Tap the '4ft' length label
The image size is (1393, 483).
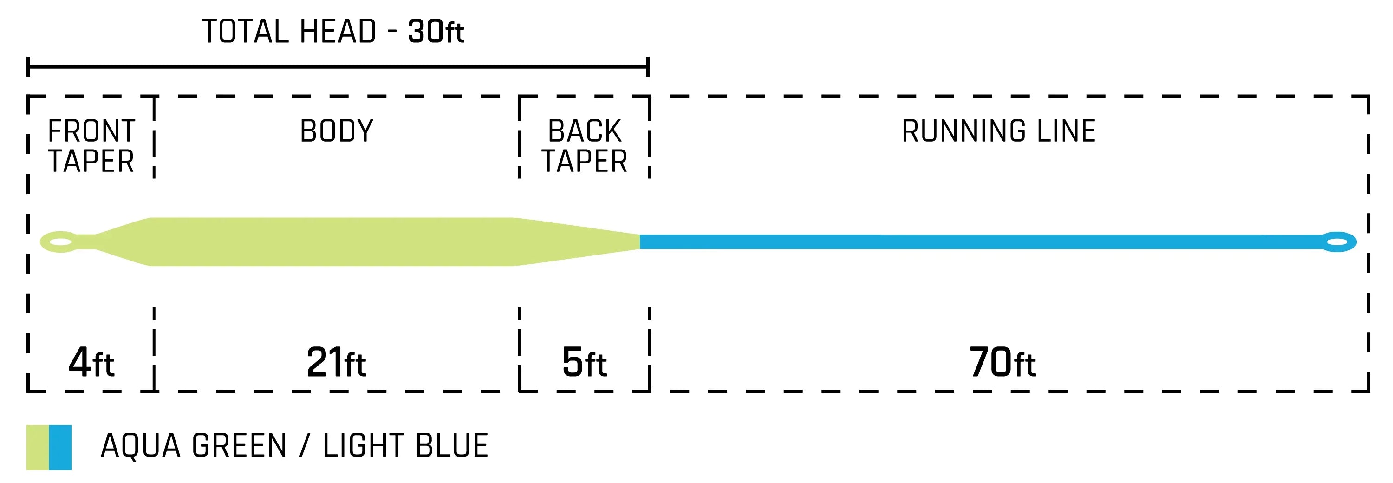[91, 362]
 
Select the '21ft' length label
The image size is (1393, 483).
[336, 362]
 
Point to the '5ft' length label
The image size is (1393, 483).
[584, 362]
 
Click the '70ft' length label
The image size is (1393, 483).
[1002, 362]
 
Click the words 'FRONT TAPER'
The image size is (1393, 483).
[91, 146]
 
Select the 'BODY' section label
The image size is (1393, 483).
[336, 131]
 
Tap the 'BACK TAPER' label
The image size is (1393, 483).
[585, 146]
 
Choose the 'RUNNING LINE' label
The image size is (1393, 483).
[999, 131]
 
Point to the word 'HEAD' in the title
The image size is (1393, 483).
[338, 32]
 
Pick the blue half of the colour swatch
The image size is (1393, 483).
[60, 447]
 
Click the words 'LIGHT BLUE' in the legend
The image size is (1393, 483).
[405, 446]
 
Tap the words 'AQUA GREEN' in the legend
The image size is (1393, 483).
[194, 446]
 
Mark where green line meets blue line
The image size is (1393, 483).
[640, 242]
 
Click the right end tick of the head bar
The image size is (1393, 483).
[647, 67]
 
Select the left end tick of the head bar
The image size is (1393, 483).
[28, 67]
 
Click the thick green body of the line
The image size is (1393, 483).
[332, 242]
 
